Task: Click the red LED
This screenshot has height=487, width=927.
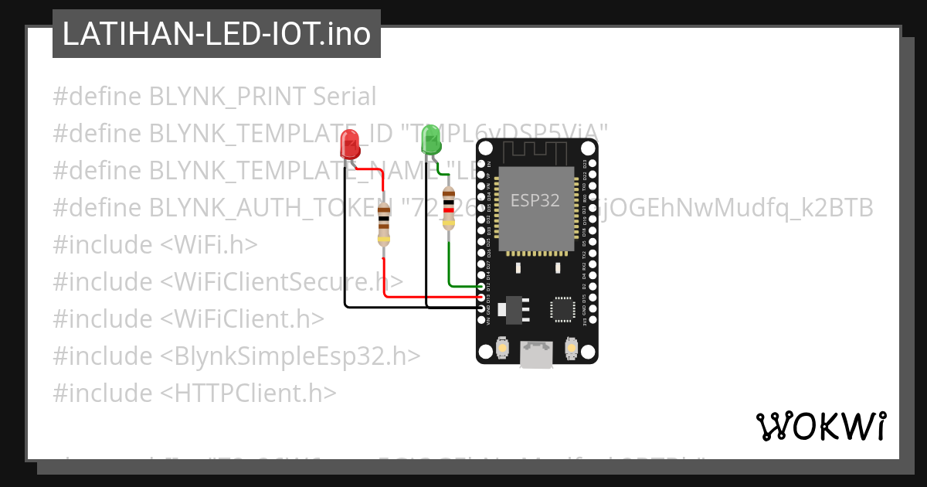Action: [350, 144]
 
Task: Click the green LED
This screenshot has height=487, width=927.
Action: [430, 140]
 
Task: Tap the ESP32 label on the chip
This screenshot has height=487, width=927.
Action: [535, 200]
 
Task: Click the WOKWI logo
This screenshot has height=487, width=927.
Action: [820, 426]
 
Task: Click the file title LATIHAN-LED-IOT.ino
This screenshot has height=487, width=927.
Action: [216, 34]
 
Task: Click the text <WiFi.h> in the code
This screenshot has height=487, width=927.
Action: [209, 244]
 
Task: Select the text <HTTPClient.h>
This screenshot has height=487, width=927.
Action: [249, 393]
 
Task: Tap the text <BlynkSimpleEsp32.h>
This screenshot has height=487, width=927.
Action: [290, 356]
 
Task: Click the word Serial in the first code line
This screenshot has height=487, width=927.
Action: [345, 97]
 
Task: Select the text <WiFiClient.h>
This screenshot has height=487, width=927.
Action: [243, 318]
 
